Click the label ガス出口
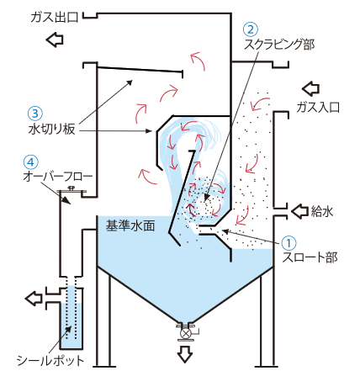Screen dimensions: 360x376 click(55, 18)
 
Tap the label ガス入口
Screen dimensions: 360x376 click(318, 107)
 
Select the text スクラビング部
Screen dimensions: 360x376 click(279, 45)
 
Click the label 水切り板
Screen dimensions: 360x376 click(52, 130)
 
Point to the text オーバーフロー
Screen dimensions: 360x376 click(58, 177)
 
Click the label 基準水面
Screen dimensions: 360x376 click(130, 225)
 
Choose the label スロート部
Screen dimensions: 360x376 click(310, 257)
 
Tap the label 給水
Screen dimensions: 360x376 click(322, 211)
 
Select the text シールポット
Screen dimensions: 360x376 click(50, 360)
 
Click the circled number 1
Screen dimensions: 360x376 click(289, 243)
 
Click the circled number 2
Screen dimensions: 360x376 click(251, 29)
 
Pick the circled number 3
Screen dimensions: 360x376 click(35, 114)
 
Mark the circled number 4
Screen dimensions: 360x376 click(31, 162)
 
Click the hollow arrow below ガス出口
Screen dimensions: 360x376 click(55, 40)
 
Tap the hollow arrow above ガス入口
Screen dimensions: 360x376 click(311, 88)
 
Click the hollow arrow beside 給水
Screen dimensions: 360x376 click(300, 211)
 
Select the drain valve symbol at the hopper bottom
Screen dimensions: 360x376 click(186, 333)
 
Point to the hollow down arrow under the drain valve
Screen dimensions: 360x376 click(185, 354)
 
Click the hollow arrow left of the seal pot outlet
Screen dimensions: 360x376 click(34, 298)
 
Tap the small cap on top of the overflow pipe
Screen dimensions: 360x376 click(71, 189)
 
